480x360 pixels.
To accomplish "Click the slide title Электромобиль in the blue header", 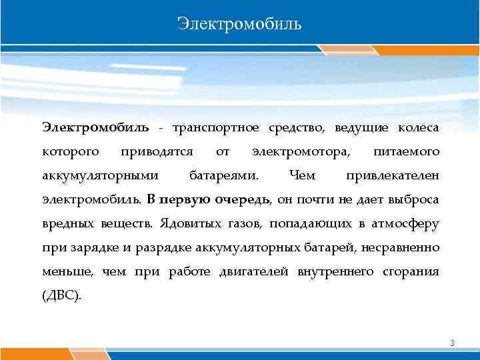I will [239, 25].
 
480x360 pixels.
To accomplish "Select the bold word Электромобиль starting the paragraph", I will [96, 127].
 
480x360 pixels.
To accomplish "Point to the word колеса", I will [418, 127].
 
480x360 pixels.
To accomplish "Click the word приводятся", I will [157, 152].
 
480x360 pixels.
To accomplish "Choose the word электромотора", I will [300, 152].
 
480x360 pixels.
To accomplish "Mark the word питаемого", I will [407, 152].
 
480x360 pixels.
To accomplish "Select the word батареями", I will [225, 175].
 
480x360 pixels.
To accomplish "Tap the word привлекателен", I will [393, 175].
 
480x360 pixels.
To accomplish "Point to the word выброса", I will [414, 199].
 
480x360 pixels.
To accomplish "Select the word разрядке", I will [163, 247].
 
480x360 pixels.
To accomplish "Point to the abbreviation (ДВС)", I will [62, 295].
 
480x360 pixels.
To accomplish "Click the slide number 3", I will [452, 343].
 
